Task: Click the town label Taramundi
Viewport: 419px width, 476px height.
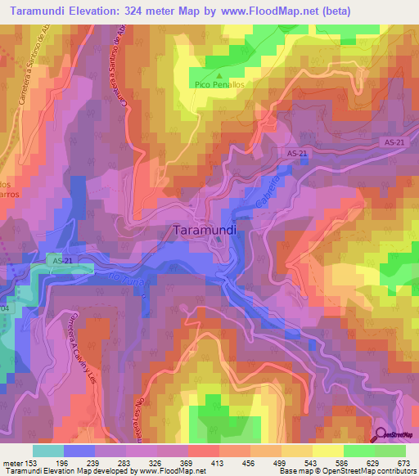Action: point(205,231)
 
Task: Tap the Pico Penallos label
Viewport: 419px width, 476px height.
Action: point(219,83)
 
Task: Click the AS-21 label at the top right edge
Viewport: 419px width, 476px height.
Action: point(394,142)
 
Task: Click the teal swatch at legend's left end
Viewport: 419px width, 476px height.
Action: point(47,451)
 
